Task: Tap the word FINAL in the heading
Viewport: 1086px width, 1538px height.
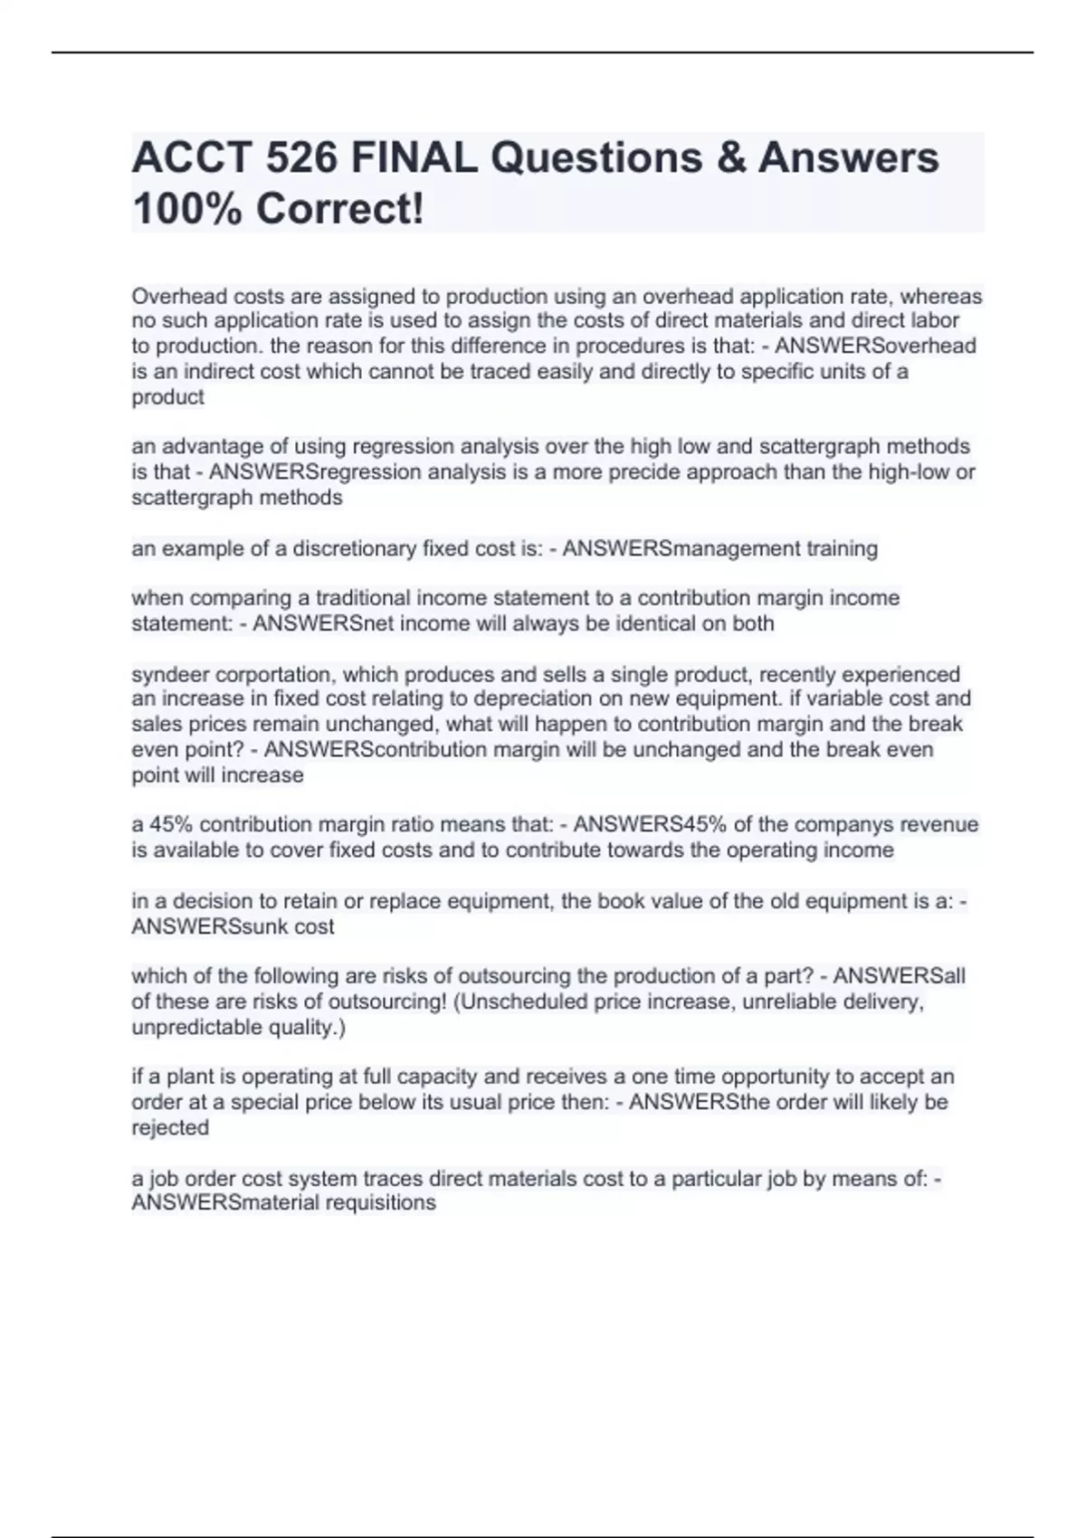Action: pos(414,158)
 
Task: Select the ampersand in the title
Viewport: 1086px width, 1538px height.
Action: pos(729,158)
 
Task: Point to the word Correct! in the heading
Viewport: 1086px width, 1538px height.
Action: pos(339,210)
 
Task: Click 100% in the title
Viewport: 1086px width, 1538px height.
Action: pos(187,210)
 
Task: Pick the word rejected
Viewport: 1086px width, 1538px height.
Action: pos(170,1128)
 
